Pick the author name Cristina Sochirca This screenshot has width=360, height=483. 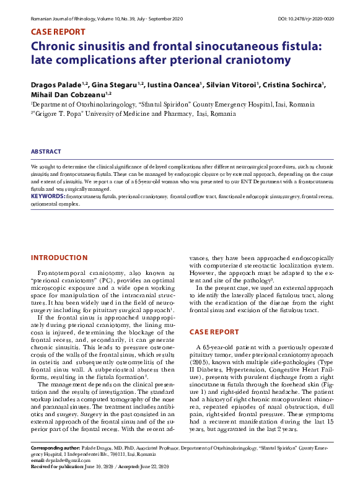click(292, 84)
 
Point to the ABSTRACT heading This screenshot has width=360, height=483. click(46, 152)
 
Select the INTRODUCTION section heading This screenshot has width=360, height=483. click(59, 258)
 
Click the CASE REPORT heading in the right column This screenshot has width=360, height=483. click(214, 332)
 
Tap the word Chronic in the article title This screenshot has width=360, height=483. click(58, 46)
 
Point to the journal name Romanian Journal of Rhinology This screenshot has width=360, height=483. click(63, 19)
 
